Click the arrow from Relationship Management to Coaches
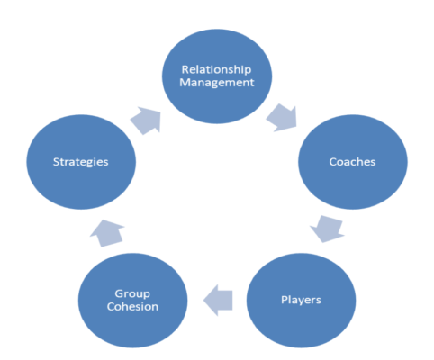pos(282,118)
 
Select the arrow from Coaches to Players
pos(327,229)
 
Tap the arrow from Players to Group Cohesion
pos(218,300)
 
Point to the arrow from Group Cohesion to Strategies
pos(107,233)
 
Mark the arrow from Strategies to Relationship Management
pos(146,121)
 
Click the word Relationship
pos(216,70)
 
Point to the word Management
pos(217,83)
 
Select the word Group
pos(132,294)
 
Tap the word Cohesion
pos(132,307)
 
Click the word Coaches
pos(352,162)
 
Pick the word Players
pos(301,300)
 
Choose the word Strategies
pos(81,162)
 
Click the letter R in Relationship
pos(185,69)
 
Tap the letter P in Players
pos(285,300)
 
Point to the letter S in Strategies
pos(57,162)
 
